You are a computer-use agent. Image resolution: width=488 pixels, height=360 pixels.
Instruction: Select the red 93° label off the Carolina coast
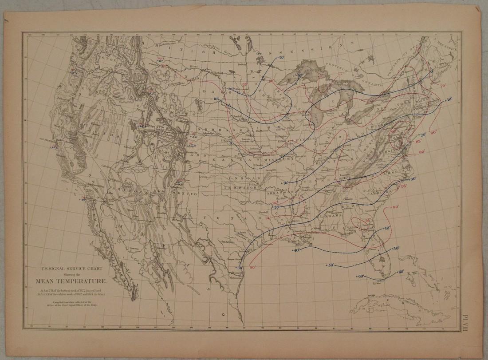pos(404,187)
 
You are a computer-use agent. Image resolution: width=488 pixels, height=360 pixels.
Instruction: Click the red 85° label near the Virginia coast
pos(418,141)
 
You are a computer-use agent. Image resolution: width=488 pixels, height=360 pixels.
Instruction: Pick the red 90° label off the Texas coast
pos(254,267)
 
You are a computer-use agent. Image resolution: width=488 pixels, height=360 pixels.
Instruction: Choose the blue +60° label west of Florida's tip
pos(360,276)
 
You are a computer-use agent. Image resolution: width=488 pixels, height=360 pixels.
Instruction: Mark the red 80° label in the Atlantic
pos(433,132)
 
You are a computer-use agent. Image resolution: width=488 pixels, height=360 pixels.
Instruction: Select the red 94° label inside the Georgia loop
pos(368,221)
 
